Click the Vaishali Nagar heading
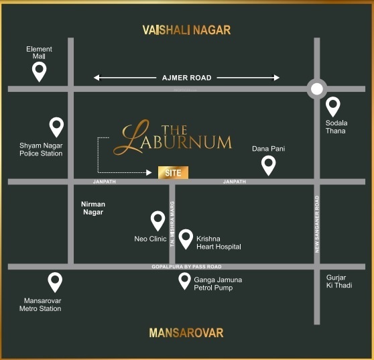tap(186, 30)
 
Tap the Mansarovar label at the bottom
tap(186, 333)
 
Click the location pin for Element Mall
tap(40, 70)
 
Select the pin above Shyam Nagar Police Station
tap(56, 125)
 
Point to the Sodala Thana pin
tap(333, 106)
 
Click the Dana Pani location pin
tap(268, 164)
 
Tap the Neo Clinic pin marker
tap(158, 220)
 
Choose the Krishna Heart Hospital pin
tap(186, 238)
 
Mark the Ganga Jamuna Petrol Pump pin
tap(184, 280)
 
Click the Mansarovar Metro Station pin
tap(55, 282)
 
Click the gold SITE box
tap(173, 173)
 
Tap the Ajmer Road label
tap(186, 78)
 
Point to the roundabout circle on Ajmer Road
tap(316, 88)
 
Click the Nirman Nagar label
tap(92, 208)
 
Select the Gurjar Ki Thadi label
tap(339, 282)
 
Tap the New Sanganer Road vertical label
tap(317, 225)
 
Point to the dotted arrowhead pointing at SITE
tap(149, 173)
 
